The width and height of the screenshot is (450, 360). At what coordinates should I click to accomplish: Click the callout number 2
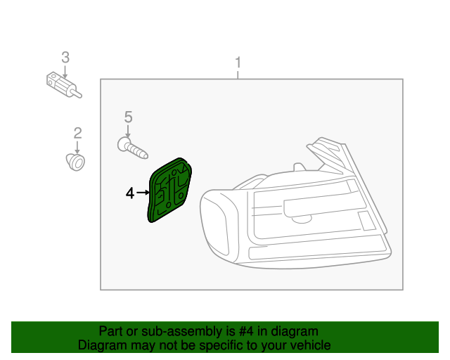(78, 132)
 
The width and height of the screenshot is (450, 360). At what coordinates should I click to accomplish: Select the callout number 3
(65, 56)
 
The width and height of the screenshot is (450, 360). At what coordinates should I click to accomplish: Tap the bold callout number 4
(130, 193)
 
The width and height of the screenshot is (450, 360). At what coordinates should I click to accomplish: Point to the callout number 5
(128, 116)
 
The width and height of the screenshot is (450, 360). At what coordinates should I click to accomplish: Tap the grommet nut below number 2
(77, 162)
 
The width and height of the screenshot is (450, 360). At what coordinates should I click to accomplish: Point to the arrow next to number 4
(143, 192)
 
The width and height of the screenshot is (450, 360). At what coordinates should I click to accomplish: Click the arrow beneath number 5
(128, 131)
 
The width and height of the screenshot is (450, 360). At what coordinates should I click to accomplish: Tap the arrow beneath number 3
(65, 70)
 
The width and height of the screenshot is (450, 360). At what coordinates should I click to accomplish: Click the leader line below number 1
(238, 73)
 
